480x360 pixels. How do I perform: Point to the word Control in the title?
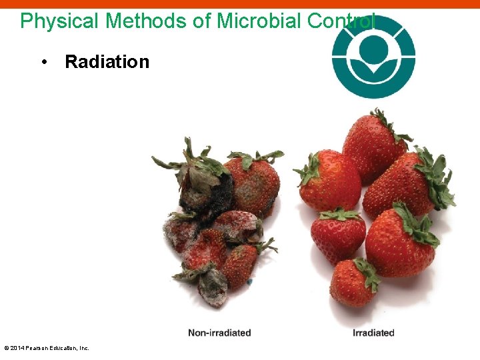tap(341, 21)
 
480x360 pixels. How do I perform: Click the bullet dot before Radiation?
tap(43, 62)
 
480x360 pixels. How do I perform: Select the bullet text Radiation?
tap(107, 62)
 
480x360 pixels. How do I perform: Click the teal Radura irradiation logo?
tap(373, 56)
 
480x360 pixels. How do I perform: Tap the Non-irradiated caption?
tap(219, 333)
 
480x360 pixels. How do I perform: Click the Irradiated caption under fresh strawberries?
tap(373, 333)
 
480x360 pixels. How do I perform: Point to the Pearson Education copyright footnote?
tap(47, 348)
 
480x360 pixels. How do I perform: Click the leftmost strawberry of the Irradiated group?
tap(328, 180)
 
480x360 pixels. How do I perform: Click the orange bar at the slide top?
tap(240, 3)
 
